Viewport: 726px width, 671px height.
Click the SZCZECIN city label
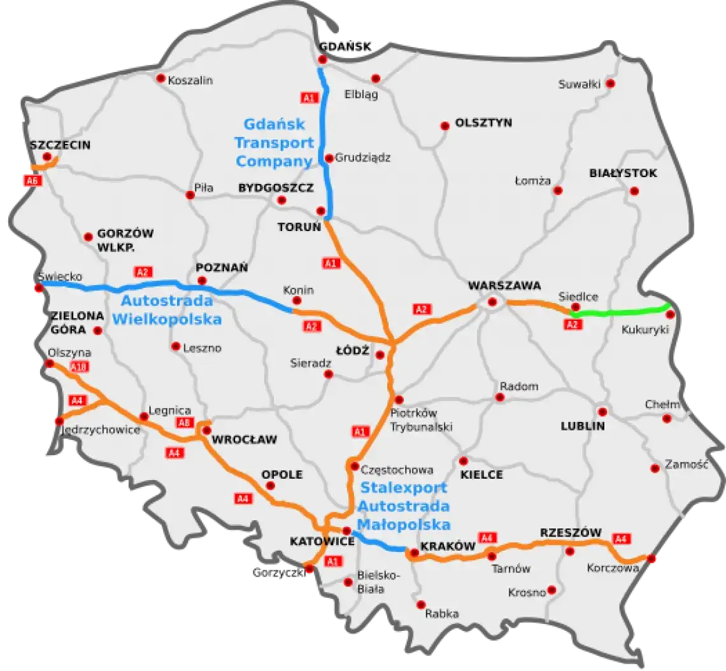(x=60, y=145)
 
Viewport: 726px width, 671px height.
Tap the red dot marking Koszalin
(x=160, y=78)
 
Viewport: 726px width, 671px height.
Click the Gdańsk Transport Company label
(x=274, y=143)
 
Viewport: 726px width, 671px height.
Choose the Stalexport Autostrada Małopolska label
(x=404, y=506)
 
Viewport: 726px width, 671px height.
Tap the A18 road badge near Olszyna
(x=80, y=367)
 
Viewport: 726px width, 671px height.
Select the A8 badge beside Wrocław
(x=184, y=423)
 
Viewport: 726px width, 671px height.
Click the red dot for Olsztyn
(x=445, y=126)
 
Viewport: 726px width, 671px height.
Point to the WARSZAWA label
(x=504, y=285)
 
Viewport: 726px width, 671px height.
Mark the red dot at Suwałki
(x=610, y=83)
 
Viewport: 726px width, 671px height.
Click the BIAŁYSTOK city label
(x=623, y=173)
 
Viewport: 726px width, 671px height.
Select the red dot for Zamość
(x=655, y=469)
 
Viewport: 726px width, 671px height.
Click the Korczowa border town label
(x=613, y=568)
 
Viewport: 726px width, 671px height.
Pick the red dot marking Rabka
(x=421, y=605)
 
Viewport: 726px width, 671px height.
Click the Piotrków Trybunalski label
(x=421, y=420)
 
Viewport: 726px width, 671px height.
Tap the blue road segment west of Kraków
(x=379, y=543)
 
